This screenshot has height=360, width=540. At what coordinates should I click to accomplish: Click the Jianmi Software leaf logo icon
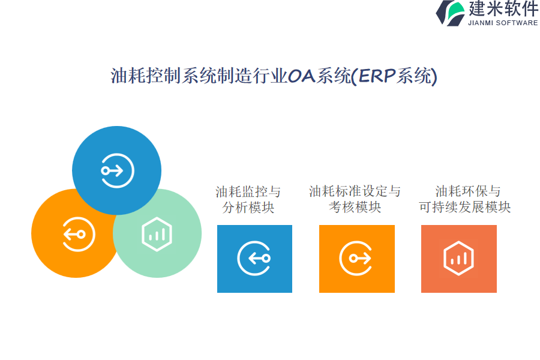point(451,13)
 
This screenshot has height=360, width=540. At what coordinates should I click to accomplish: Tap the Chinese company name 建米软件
point(503,8)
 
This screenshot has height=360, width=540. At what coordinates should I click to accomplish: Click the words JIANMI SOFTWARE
point(503,23)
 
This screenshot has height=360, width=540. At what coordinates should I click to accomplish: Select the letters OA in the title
point(301,76)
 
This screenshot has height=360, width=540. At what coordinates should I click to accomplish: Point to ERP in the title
point(376,76)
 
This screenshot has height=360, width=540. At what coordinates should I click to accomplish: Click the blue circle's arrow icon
point(117,170)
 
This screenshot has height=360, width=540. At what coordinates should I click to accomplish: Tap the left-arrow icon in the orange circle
point(79,234)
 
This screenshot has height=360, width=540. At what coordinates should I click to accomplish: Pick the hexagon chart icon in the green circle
point(157,234)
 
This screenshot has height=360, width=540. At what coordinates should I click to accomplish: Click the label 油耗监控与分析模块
point(248,199)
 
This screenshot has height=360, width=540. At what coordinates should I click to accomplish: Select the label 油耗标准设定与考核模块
point(355,199)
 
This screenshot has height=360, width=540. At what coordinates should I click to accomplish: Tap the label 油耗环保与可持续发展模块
point(464,199)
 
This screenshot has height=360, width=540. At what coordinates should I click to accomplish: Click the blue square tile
point(254,259)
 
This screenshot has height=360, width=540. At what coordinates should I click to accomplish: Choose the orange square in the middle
point(357,259)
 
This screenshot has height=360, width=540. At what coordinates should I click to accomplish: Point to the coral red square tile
point(459,259)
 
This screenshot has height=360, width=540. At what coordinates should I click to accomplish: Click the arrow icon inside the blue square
point(254,258)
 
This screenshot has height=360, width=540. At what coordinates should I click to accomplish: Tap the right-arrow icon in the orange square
point(356,258)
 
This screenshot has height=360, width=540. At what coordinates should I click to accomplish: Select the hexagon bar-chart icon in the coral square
point(459,258)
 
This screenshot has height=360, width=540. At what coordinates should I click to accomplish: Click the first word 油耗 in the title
point(128,76)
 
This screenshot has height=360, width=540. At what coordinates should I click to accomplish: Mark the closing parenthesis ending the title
point(434,76)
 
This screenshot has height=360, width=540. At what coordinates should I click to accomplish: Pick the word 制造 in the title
point(234,76)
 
